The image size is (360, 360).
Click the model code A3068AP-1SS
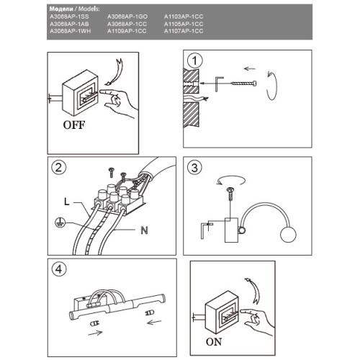click(69, 17)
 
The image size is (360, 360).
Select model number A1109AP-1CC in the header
click(127, 31)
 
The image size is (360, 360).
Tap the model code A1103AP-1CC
click(184, 17)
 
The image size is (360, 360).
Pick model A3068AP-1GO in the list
click(127, 17)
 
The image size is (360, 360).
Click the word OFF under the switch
click(74, 125)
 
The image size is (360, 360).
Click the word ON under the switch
click(214, 342)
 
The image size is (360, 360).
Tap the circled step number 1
click(194, 60)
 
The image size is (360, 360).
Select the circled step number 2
click(58, 167)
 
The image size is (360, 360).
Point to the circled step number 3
click(194, 167)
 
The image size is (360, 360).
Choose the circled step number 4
click(58, 269)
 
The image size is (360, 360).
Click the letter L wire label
click(67, 201)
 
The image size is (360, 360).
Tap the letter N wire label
click(144, 230)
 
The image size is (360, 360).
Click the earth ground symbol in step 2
click(60, 222)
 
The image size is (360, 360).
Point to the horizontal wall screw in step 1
click(244, 84)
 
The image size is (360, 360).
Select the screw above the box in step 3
click(230, 194)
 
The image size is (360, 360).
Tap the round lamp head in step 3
click(288, 234)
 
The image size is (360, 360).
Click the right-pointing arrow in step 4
click(95, 333)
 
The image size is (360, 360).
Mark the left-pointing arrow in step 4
click(154, 322)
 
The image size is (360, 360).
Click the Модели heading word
click(61, 9)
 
